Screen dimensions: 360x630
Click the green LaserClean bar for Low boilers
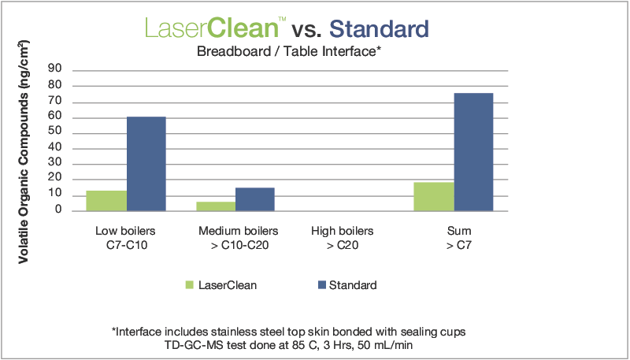pyautogui.click(x=106, y=201)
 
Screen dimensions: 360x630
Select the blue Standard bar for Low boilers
pyautogui.click(x=146, y=164)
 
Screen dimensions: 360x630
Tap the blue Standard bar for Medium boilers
pyautogui.click(x=255, y=199)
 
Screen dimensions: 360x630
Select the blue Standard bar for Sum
pyautogui.click(x=473, y=152)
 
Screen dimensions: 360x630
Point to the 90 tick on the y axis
pyautogui.click(x=56, y=69)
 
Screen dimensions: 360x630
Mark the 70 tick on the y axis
pyautogui.click(x=56, y=102)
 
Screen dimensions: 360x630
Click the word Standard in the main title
pyautogui.click(x=379, y=29)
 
